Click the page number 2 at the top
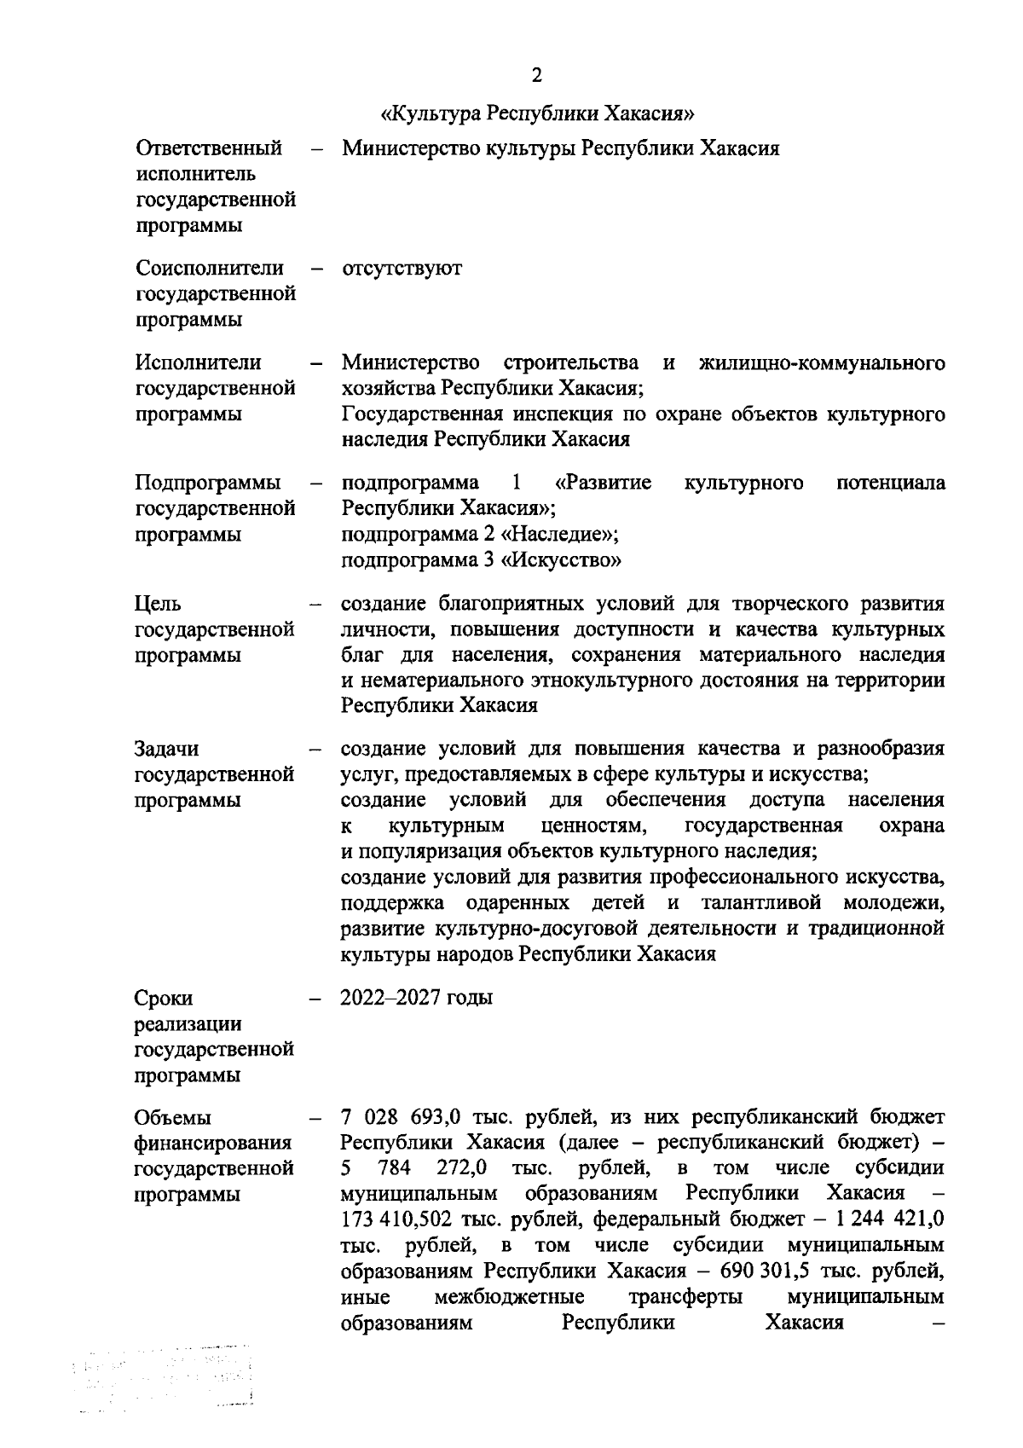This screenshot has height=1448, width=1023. coord(536,76)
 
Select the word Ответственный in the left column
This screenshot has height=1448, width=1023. coord(209,149)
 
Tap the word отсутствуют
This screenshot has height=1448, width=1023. coord(402,269)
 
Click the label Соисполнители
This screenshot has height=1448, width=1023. coord(210,269)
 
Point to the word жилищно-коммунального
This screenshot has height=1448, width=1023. coord(822,363)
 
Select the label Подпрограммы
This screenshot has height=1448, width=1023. coord(208,484)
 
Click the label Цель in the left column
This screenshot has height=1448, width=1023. coord(158,605)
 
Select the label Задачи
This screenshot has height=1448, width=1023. coord(167,750)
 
